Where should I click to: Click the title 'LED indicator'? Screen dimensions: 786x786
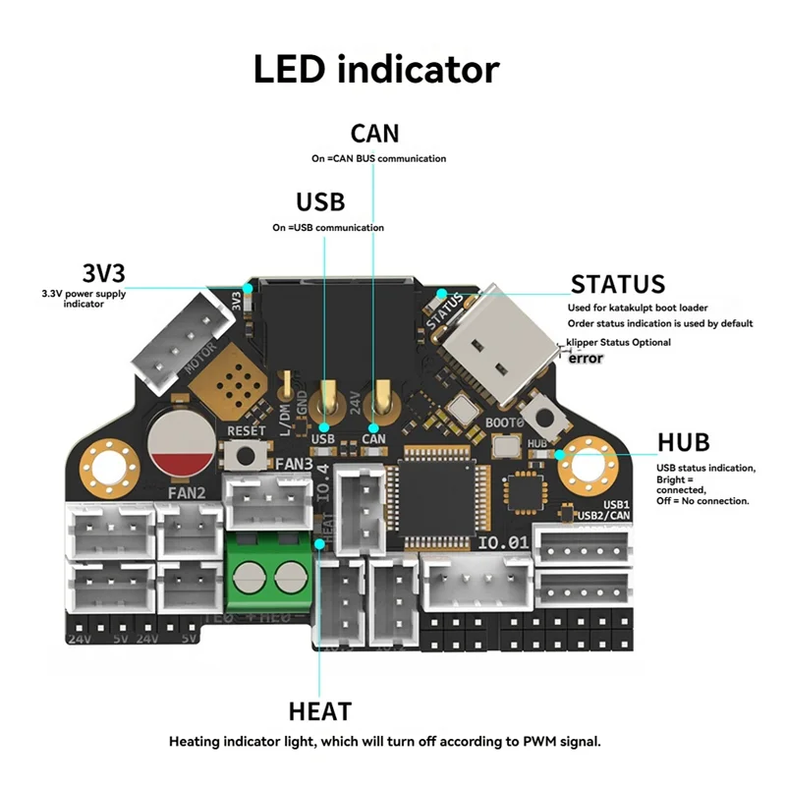pos(376,70)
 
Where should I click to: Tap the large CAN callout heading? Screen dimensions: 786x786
pos(375,134)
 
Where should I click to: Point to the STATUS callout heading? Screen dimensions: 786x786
pos(618,285)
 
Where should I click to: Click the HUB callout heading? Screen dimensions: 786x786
pos(684,442)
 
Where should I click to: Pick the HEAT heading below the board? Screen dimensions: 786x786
pos(320,710)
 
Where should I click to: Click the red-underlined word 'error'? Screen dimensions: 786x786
pos(587,359)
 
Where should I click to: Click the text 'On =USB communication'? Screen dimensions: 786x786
pos(328,228)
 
